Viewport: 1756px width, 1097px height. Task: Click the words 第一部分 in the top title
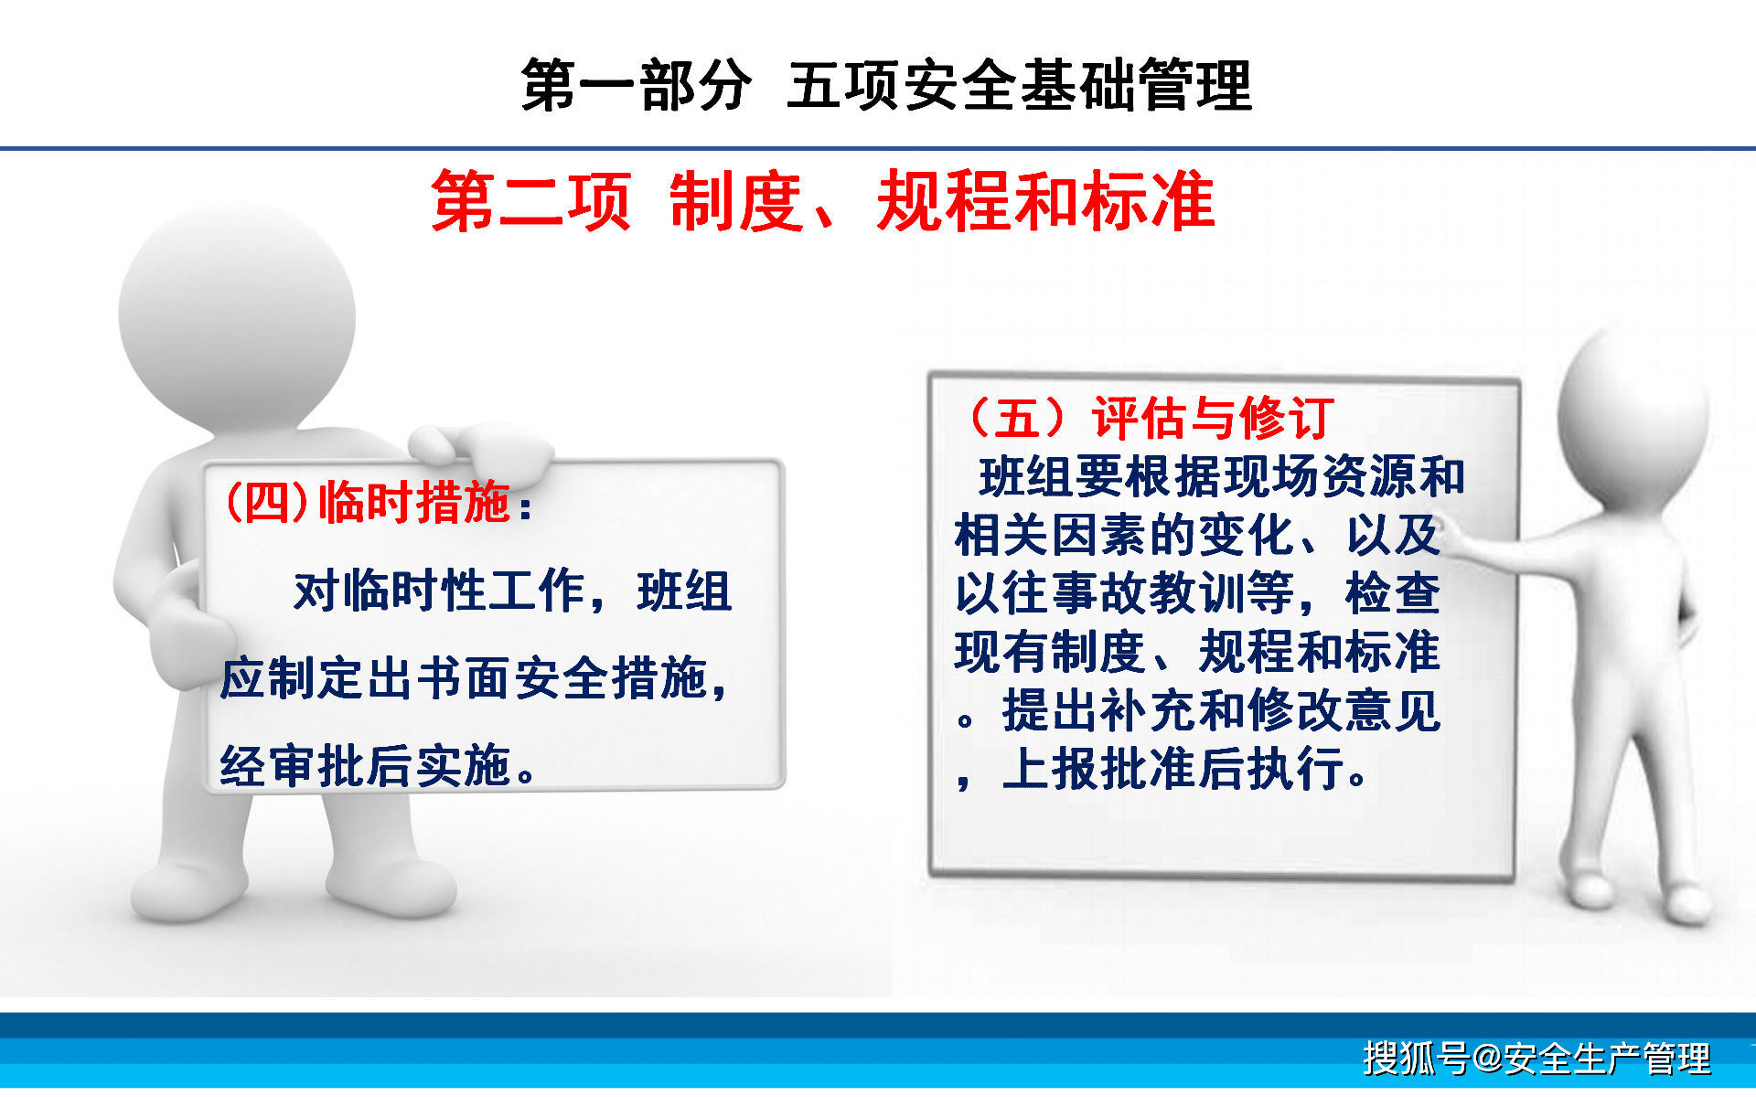(x=636, y=85)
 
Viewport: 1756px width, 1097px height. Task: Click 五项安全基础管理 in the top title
(x=1019, y=85)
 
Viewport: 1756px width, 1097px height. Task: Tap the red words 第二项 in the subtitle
(x=531, y=202)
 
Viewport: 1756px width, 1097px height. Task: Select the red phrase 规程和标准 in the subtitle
(x=1045, y=202)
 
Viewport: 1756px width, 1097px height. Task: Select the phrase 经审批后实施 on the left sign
(x=366, y=766)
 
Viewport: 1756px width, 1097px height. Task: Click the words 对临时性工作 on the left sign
(x=439, y=591)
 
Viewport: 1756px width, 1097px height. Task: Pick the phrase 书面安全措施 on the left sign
(x=562, y=678)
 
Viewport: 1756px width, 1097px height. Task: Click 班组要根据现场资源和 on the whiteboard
(x=1221, y=476)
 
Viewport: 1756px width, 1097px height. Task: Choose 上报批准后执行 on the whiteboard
(x=1175, y=769)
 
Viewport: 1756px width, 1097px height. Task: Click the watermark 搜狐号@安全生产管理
(x=1536, y=1059)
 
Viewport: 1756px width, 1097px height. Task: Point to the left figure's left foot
(x=183, y=891)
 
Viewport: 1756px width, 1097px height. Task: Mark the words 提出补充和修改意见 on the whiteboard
(x=1221, y=710)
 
